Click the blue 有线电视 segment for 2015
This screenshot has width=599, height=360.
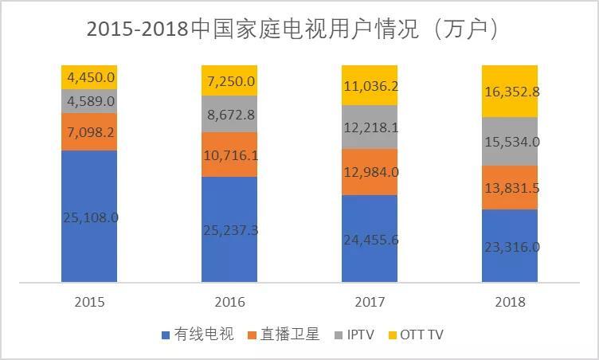(x=88, y=239)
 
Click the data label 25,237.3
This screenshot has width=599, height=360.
(x=229, y=230)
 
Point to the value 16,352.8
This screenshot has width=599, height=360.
(x=510, y=92)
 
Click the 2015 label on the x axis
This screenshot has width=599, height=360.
(x=88, y=302)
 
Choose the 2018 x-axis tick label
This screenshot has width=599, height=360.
(x=510, y=302)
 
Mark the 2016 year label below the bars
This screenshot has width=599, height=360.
(x=229, y=302)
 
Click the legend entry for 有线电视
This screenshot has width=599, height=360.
(x=198, y=335)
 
